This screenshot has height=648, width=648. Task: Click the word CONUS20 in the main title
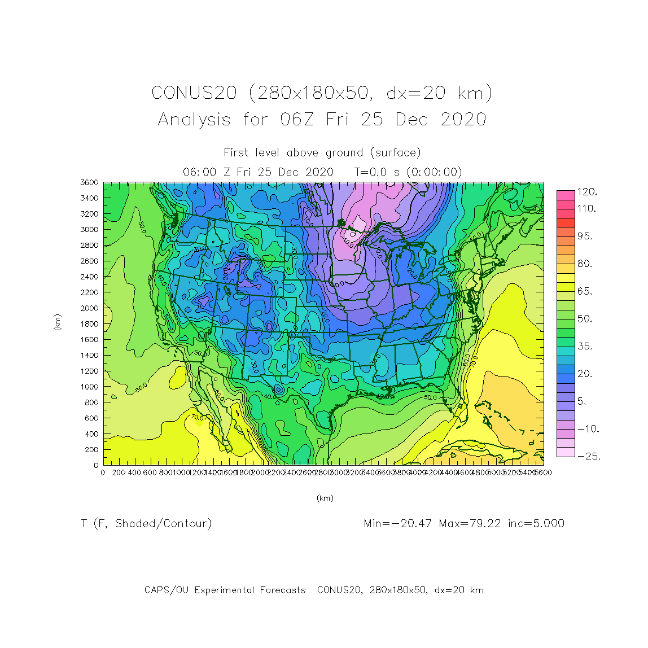194,93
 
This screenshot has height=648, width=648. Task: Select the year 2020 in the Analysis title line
463,119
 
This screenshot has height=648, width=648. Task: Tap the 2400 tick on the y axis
89,277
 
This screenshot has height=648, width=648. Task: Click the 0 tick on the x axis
103,472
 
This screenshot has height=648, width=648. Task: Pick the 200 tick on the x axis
119,472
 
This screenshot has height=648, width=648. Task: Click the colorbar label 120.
587,192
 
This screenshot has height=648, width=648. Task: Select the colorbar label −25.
588,456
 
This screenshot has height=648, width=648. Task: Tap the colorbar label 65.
584,291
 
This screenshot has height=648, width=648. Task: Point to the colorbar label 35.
584,346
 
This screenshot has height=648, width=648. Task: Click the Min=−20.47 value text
398,523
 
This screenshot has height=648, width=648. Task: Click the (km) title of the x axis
325,498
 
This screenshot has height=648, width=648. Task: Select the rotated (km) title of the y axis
58,322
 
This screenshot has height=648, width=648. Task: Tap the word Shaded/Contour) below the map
164,524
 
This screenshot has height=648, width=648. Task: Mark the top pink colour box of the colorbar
566,195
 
